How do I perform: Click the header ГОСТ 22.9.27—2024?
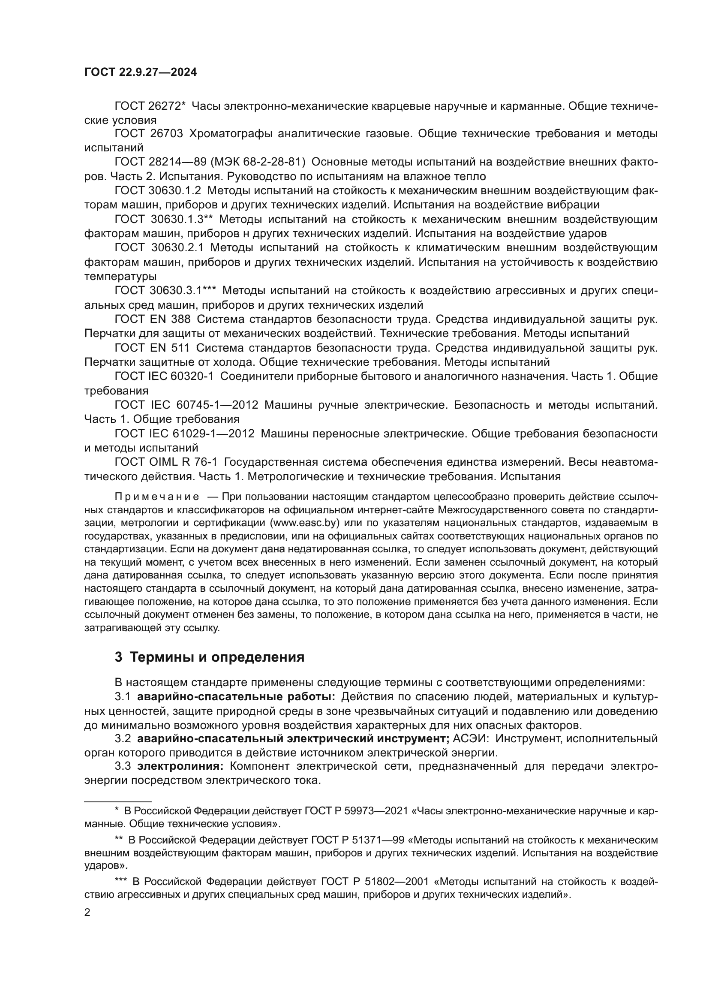point(140,72)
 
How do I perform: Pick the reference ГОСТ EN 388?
point(152,319)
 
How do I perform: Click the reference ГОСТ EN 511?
point(151,348)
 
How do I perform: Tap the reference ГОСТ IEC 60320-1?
point(164,376)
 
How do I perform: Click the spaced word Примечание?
point(157,497)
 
